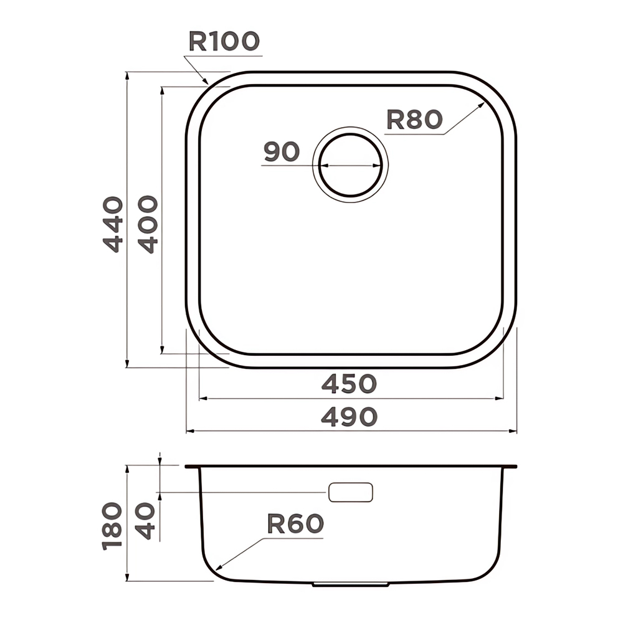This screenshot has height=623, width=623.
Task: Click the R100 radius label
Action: [224, 41]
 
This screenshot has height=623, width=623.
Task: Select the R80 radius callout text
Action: [414, 120]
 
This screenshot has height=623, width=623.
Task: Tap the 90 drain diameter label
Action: [282, 151]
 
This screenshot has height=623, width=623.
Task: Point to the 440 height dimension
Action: [113, 224]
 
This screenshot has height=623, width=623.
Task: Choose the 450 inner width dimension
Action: [349, 384]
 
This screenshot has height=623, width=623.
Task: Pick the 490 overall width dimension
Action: [349, 417]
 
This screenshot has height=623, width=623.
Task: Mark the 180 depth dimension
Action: [112, 526]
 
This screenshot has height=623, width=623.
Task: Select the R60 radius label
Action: [295, 523]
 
